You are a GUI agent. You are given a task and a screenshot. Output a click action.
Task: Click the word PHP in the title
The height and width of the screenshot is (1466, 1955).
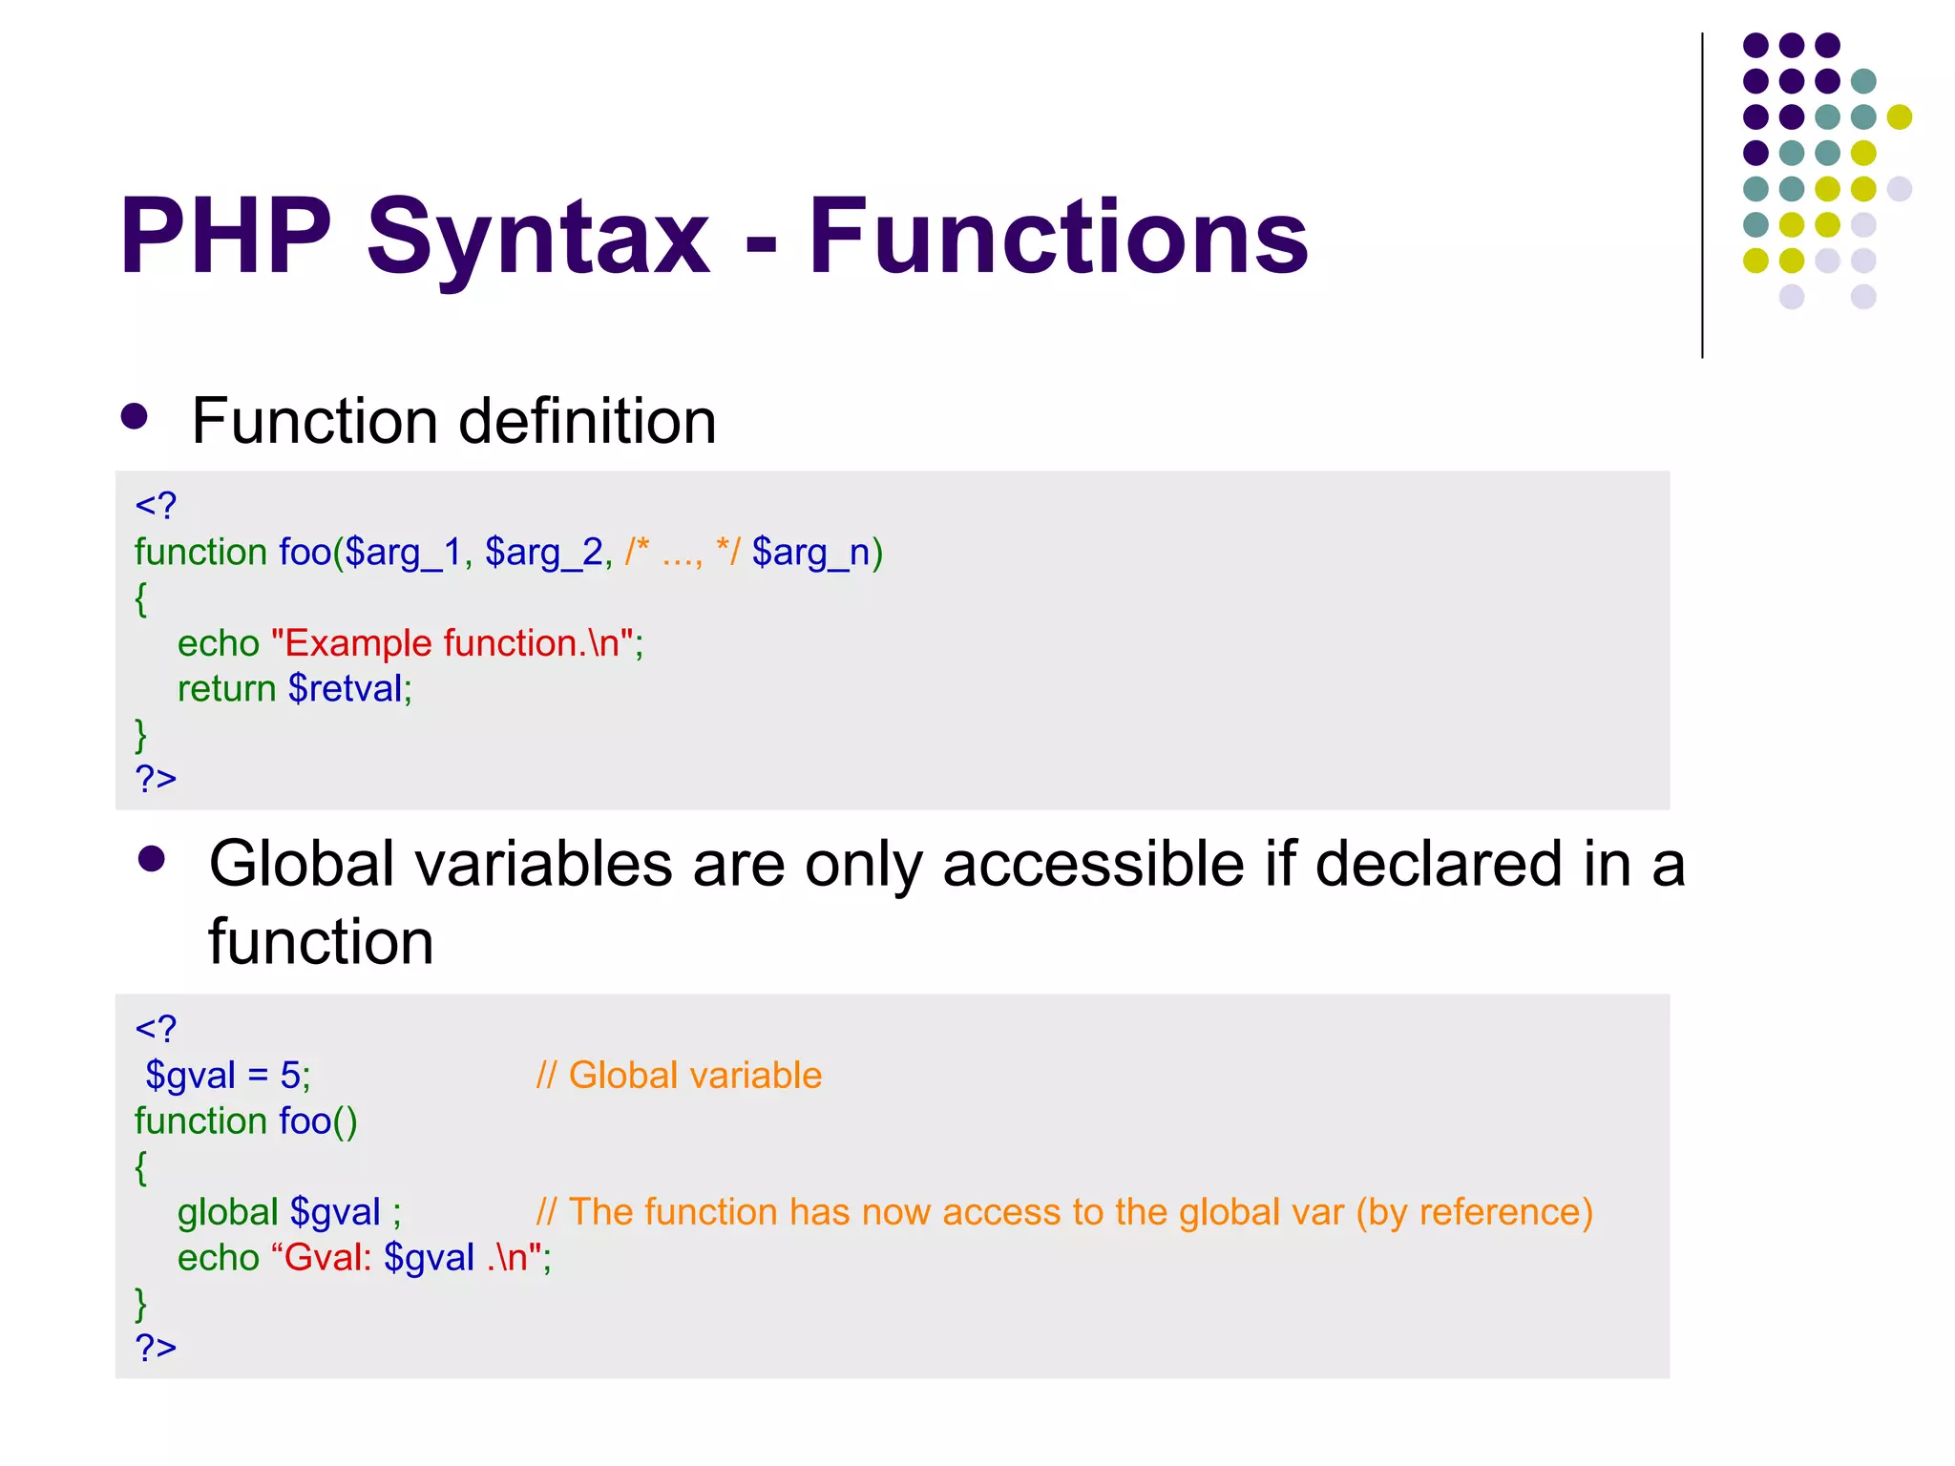point(225,236)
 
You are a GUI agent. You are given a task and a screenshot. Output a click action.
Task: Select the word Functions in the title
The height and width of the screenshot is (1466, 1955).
point(1058,236)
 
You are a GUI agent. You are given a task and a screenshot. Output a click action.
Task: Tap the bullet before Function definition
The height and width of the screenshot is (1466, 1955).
point(135,417)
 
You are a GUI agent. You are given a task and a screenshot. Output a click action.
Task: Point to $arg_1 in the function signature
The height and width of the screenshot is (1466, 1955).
point(402,553)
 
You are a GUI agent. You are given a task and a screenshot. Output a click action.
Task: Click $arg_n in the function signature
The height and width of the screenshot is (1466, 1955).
point(811,553)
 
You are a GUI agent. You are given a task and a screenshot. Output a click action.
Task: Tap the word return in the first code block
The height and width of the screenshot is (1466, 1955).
point(226,688)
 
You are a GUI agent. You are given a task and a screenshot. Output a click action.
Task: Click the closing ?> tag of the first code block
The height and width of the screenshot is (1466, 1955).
point(156,778)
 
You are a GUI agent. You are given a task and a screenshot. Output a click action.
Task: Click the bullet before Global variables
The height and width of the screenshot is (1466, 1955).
point(152,859)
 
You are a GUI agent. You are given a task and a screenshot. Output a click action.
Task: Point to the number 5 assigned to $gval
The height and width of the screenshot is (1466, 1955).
point(290,1076)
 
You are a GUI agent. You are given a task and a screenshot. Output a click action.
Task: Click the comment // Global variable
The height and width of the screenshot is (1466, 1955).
point(679,1076)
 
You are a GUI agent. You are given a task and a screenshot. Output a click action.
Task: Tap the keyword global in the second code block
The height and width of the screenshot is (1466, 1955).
point(227,1212)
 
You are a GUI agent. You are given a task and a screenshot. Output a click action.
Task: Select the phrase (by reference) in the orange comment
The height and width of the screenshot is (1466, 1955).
point(1474,1212)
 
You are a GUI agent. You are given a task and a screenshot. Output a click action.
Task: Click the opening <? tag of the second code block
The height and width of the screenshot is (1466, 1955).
point(156,1029)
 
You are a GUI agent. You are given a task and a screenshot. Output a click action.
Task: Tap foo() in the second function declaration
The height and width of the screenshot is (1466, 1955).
point(318,1121)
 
